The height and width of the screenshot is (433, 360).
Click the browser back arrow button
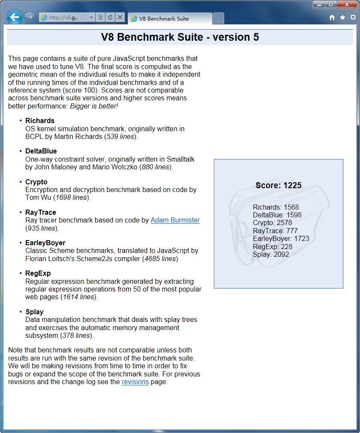click(x=15, y=17)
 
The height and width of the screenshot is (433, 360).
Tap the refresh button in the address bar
click(x=110, y=18)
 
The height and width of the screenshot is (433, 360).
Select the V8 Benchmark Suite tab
click(x=169, y=18)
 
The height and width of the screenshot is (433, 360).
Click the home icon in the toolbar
click(x=332, y=18)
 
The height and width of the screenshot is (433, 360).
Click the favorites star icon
click(x=342, y=18)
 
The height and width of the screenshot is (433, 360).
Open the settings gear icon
click(x=353, y=18)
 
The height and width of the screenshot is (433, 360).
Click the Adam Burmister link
click(x=175, y=220)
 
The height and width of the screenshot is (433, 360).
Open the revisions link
click(x=135, y=382)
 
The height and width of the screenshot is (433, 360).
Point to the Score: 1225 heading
click(x=279, y=186)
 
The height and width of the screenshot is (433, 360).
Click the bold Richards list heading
click(x=40, y=120)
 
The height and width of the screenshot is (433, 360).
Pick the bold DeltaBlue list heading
click(x=41, y=151)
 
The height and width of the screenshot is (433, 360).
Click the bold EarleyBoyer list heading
click(x=45, y=243)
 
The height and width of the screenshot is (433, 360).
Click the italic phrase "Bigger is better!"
click(x=94, y=106)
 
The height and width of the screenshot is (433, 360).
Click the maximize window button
click(x=330, y=5)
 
